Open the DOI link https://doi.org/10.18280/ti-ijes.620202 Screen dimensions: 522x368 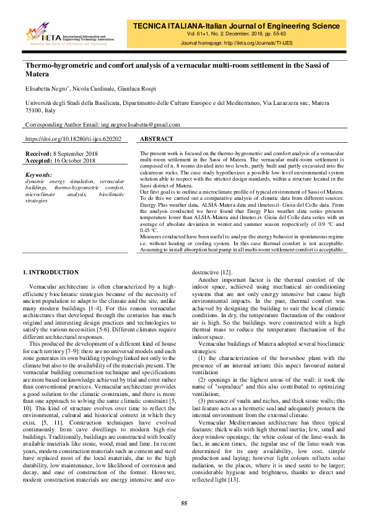(73, 140)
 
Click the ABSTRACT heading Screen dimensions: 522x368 (157, 140)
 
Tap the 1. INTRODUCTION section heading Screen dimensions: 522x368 (51, 272)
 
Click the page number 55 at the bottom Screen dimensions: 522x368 (184, 503)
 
